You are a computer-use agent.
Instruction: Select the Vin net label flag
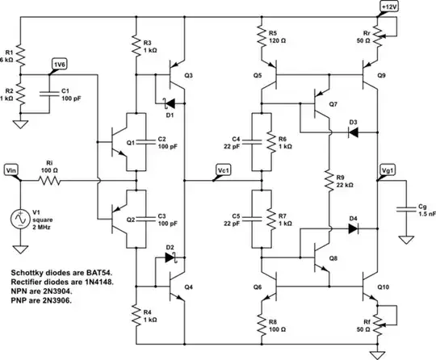pyautogui.click(x=12, y=170)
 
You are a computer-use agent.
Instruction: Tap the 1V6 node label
pyautogui.click(x=60, y=64)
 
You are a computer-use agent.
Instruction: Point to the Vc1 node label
pyautogui.click(x=223, y=170)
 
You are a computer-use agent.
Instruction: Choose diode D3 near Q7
pyautogui.click(x=353, y=131)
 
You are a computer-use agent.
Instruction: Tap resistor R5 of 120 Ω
pyautogui.click(x=262, y=35)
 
